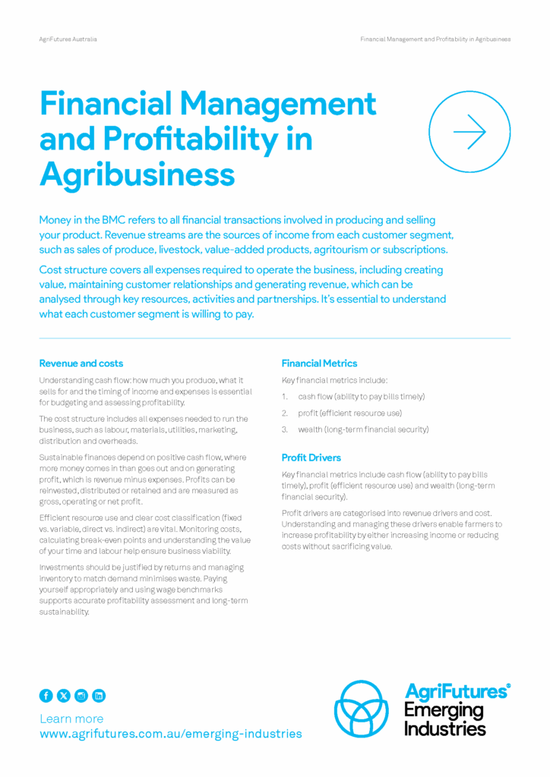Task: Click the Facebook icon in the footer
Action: tap(46, 695)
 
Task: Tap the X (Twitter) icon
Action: tap(64, 695)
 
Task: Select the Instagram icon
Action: tap(81, 695)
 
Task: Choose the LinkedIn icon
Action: tap(99, 695)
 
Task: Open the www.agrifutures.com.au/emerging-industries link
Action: tap(170, 734)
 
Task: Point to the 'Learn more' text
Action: tap(71, 718)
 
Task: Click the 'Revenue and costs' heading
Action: tap(81, 363)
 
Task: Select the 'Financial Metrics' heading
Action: tap(319, 363)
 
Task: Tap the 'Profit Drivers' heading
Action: tap(311, 458)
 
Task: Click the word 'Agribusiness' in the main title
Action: tap(137, 174)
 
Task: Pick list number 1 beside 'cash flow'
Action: tap(285, 396)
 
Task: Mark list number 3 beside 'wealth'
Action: tap(285, 429)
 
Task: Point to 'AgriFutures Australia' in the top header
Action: tap(68, 39)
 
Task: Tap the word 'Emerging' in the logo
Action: tap(444, 711)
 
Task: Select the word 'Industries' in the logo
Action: tap(444, 728)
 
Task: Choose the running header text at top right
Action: tap(435, 39)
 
